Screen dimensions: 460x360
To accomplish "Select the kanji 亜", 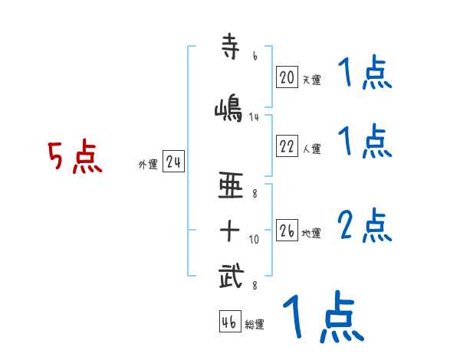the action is [231, 185].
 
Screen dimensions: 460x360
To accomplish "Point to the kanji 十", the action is [231, 229].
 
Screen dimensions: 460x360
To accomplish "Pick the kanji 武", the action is [231, 274].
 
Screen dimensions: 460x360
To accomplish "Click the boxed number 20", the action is [287, 77].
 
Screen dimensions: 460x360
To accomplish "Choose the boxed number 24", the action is [173, 162].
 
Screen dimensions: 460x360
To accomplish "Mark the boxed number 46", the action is [229, 322].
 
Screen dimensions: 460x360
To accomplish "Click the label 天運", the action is [310, 80].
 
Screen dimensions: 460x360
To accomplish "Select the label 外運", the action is [147, 165].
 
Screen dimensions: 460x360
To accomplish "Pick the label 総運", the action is [255, 325].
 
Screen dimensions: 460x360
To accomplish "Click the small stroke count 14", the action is [255, 117].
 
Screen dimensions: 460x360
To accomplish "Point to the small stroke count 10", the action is [255, 240].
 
